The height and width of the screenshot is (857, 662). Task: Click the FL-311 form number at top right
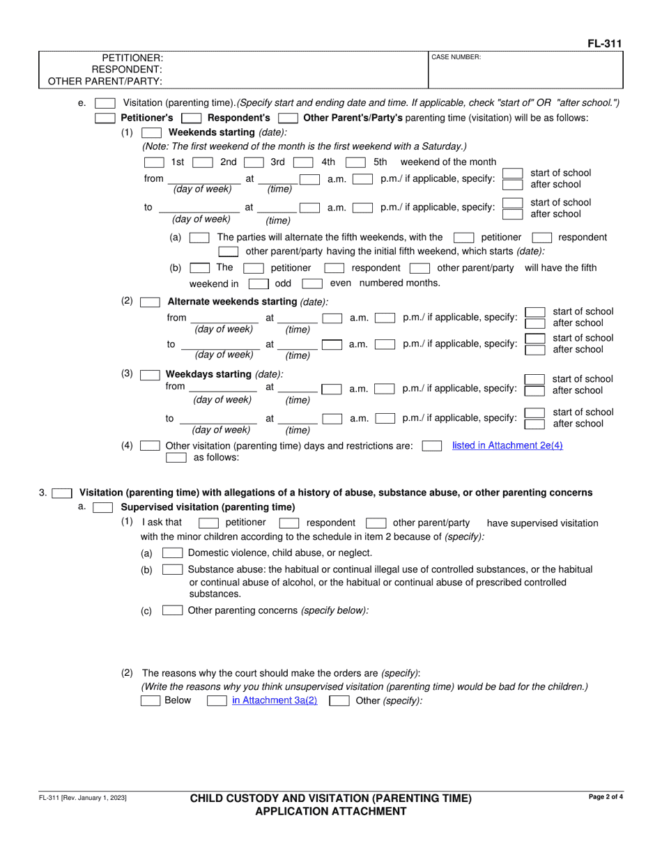604,44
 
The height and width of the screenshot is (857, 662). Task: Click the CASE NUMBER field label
456,57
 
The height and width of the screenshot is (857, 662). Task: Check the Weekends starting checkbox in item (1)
151,132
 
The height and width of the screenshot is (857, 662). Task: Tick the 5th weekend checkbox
356,162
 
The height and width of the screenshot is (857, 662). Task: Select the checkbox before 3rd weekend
253,162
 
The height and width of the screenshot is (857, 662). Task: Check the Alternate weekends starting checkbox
150,302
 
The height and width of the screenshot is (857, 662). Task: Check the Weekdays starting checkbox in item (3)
150,374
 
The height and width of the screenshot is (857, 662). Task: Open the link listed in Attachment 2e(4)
507,445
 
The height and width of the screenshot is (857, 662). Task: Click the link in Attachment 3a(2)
275,700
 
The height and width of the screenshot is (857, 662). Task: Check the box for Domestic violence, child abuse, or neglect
172,553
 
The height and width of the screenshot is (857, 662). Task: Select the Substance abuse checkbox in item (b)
172,570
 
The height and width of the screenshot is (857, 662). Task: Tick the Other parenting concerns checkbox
172,610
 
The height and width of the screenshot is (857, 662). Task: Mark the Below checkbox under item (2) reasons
151,701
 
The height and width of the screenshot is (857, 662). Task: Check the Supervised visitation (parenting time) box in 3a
102,507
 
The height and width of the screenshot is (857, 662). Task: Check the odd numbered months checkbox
259,284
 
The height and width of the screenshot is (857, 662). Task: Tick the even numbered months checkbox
312,284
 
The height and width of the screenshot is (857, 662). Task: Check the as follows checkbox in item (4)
176,458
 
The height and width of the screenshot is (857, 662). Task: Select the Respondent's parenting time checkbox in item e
191,118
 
